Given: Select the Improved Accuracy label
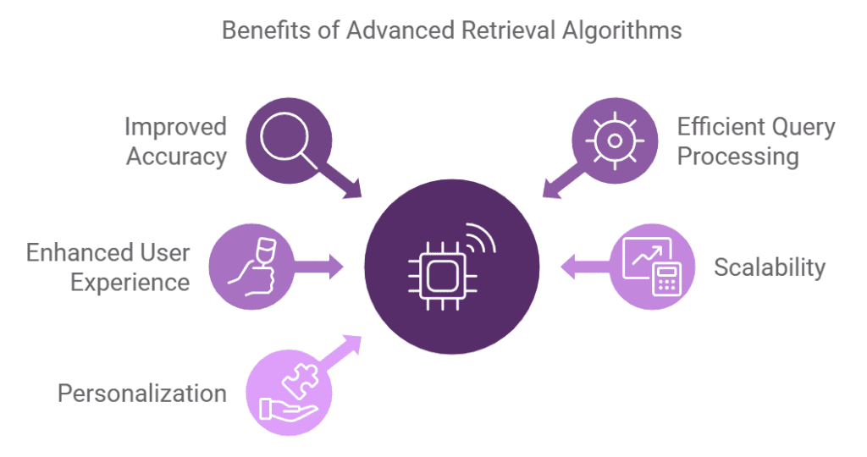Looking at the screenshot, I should coord(176,141).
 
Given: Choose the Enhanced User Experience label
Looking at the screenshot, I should coord(108,267).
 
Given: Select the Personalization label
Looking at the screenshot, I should coord(141,393).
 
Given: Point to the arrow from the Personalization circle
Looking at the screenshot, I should coord(344,350).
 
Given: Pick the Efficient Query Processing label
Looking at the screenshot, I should coord(756,141).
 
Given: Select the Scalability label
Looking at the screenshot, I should coord(769,267).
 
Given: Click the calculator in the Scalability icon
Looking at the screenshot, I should coord(667,278).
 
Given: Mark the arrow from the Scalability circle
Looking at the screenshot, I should coord(584,267).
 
